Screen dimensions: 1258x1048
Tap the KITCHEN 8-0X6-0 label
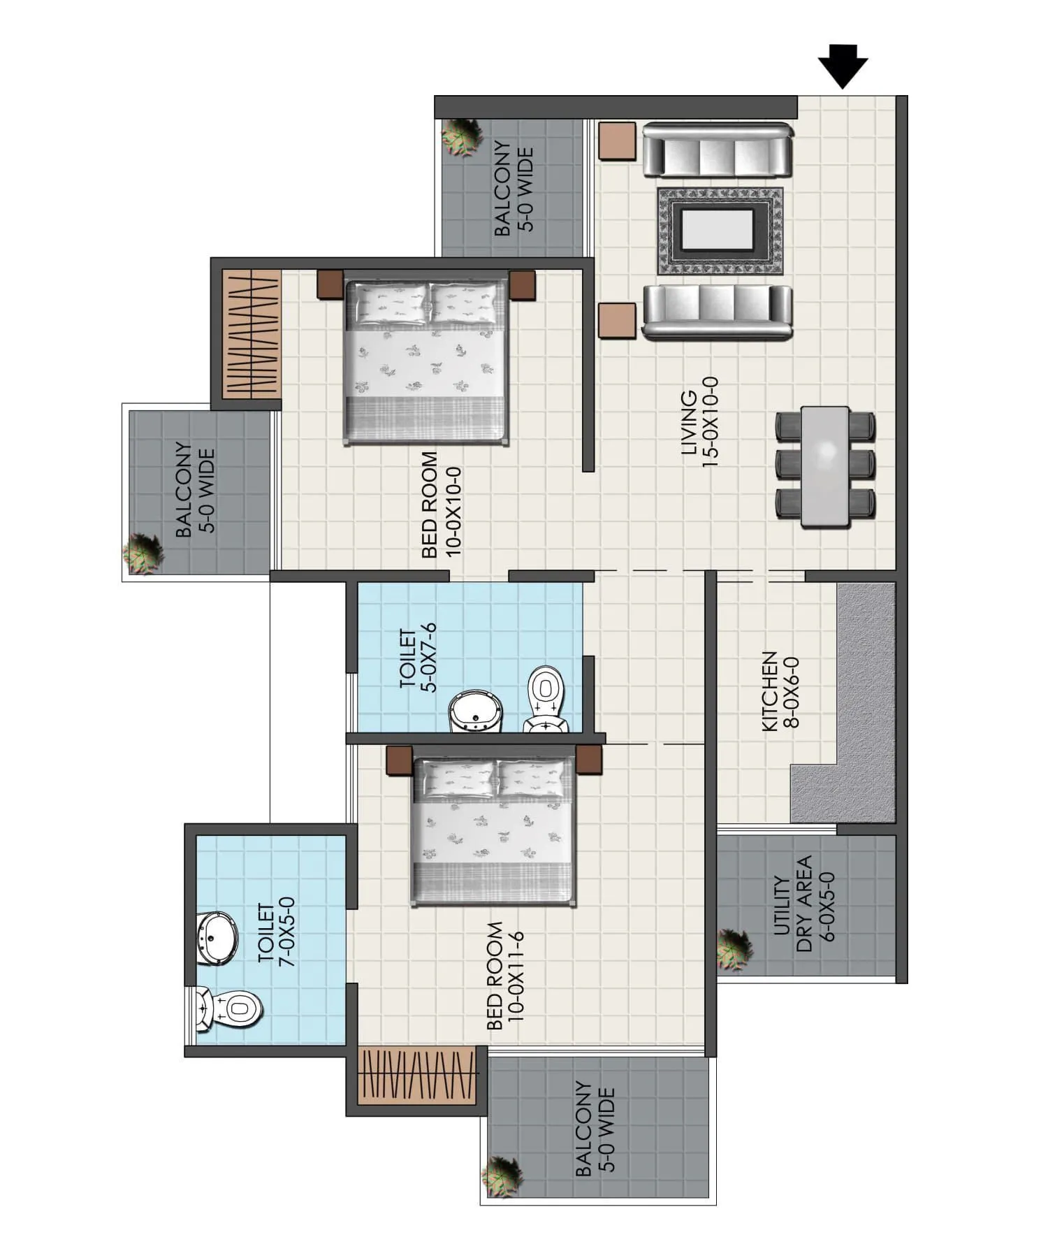pos(779,691)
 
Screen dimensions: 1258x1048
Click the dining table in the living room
pos(825,465)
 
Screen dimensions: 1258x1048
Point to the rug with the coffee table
pos(720,231)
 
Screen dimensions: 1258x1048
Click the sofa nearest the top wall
pos(718,151)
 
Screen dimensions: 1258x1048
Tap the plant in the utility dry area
pos(734,949)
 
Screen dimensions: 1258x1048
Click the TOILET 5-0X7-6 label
pos(417,658)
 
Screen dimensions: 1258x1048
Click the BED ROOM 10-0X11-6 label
pos(504,976)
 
